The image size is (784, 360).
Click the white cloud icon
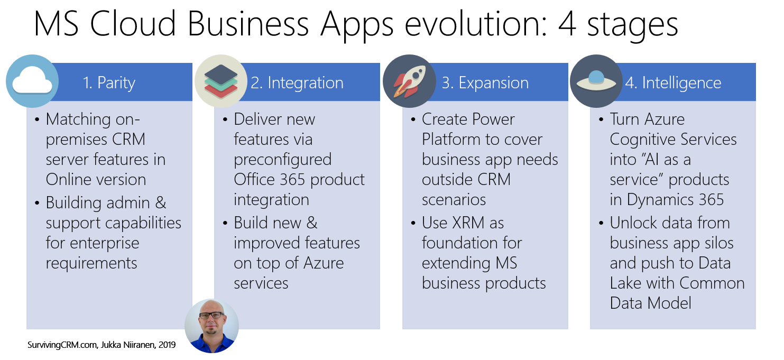[32, 80]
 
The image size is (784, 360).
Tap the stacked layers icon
[220, 81]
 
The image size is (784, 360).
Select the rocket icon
[409, 81]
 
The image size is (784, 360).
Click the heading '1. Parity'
[109, 83]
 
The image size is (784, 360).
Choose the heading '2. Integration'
[297, 83]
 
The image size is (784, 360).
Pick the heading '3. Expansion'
[485, 83]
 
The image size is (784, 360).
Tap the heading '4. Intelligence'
[672, 83]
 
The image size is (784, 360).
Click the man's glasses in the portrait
[211, 315]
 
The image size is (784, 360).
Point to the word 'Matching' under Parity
[78, 119]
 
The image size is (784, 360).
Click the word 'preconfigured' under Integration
[282, 160]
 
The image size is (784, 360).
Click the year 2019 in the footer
[167, 345]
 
